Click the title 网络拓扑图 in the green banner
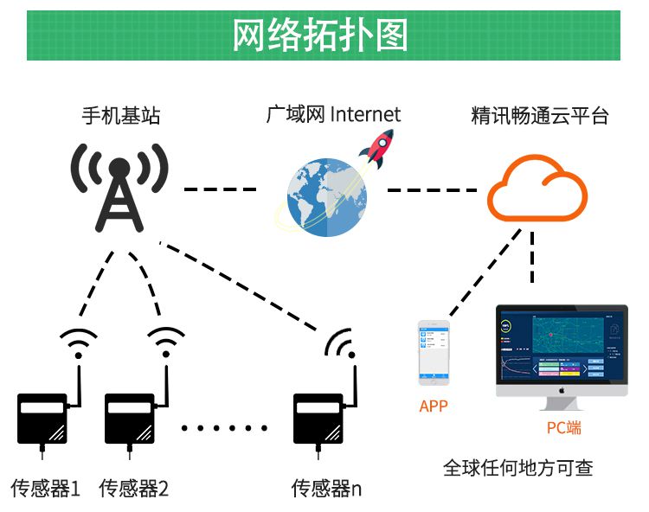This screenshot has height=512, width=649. point(319,35)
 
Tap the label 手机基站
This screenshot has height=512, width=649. point(120,115)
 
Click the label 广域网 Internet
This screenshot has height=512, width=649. point(333,114)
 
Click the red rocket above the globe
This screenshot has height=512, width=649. point(378,148)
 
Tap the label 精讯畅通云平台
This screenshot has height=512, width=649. point(539,115)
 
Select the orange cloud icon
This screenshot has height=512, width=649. point(536,189)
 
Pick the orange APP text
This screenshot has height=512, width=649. point(434,406)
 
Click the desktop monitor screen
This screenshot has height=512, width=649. point(562,344)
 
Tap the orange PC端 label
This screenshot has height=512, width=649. point(563,427)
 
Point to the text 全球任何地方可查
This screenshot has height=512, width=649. point(517,469)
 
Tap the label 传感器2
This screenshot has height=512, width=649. point(133,489)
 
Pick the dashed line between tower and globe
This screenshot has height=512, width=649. point(221,189)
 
